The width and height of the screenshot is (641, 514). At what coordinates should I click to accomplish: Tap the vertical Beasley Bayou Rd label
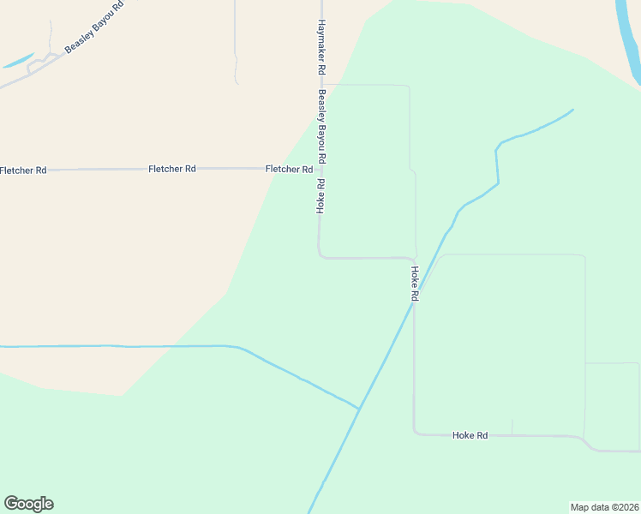[322, 127]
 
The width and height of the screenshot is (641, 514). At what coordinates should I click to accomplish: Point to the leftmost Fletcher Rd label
[23, 170]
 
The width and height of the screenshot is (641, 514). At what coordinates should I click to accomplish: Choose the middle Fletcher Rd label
[172, 169]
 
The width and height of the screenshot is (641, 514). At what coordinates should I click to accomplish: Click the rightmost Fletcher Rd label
[289, 169]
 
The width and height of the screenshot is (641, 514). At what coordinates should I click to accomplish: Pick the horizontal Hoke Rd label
[470, 435]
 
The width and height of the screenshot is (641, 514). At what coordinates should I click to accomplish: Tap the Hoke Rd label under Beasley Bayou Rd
[320, 195]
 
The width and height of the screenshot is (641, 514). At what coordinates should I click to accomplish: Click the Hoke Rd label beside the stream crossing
[414, 283]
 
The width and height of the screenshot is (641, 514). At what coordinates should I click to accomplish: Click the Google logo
[28, 504]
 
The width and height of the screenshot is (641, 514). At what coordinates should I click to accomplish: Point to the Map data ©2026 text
[604, 506]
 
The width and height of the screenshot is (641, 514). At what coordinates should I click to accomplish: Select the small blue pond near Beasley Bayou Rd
[17, 62]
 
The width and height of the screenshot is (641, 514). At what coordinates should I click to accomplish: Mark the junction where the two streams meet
[359, 409]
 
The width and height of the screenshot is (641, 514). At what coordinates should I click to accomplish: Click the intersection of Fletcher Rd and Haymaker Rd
[320, 169]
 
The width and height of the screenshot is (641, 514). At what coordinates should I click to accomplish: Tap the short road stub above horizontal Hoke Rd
[512, 427]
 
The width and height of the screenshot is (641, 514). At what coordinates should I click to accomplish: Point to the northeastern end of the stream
[572, 110]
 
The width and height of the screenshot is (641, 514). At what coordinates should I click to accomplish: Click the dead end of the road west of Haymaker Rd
[237, 82]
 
